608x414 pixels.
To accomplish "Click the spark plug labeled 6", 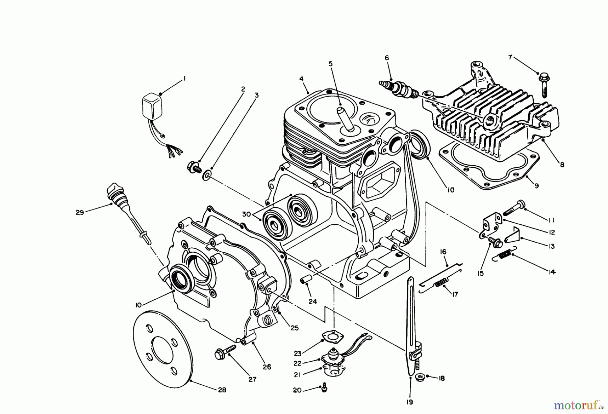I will [399, 87].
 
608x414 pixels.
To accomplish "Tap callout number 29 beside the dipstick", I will [80, 213].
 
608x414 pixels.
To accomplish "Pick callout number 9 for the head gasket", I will [537, 185].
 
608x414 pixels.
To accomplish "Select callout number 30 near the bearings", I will [247, 214].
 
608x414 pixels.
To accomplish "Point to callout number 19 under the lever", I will [410, 402].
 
